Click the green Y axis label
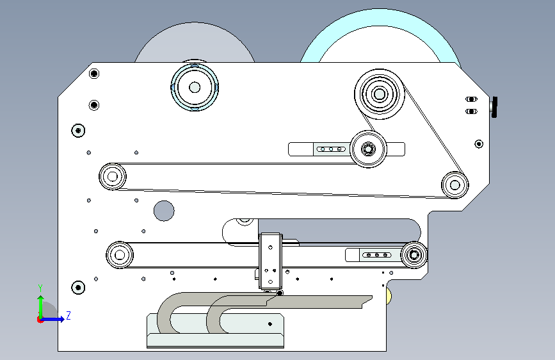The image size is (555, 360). point(40,288)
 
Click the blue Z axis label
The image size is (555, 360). point(68,315)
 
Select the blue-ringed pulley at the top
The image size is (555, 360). point(195,87)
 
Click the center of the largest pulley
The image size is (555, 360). point(380,94)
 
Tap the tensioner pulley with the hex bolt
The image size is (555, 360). point(368,149)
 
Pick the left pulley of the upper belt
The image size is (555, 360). point(113,176)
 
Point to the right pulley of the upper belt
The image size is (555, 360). point(455,185)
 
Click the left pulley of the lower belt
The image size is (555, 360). point(120,255)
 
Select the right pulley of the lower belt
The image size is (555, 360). point(414,255)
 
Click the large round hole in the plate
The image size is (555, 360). point(164,211)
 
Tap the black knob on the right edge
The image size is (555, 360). point(494,107)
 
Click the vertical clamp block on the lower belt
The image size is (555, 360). point(270,261)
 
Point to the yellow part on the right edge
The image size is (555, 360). point(389,296)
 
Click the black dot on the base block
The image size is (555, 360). point(270,324)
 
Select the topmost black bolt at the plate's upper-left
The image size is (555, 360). point(94,74)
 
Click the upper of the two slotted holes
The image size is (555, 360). point(471,99)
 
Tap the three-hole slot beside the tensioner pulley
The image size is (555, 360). point(331,149)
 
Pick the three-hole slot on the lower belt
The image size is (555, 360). point(377,255)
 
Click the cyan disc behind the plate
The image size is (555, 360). point(380,35)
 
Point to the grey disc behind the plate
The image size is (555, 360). point(195,42)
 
